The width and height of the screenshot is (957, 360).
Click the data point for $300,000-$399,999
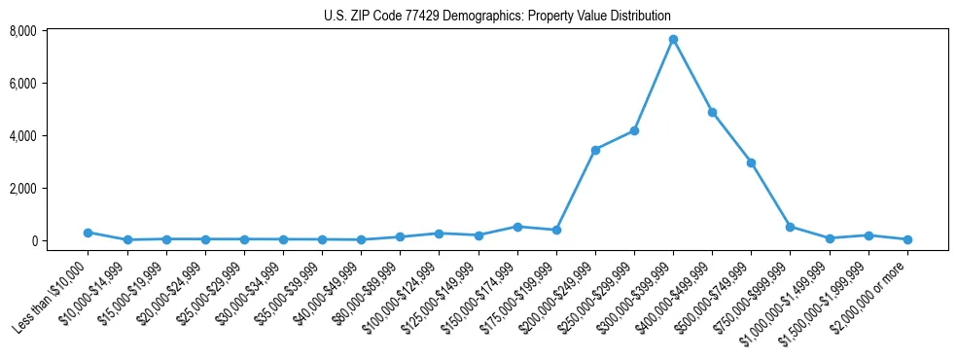click(x=673, y=40)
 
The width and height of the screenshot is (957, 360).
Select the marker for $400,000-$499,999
click(x=712, y=113)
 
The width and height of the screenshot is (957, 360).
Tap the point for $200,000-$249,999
click(x=595, y=150)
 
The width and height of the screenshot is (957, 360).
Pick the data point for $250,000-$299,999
click(x=634, y=130)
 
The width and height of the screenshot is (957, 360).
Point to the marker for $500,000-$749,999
click(x=751, y=163)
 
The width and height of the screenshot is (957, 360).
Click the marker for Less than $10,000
click(x=88, y=233)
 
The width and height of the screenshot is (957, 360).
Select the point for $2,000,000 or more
click(x=906, y=239)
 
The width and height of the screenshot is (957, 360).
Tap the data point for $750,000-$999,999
click(x=790, y=227)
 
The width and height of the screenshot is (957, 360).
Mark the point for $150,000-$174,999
click(x=517, y=227)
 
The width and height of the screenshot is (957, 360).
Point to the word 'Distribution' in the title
click(x=640, y=17)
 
